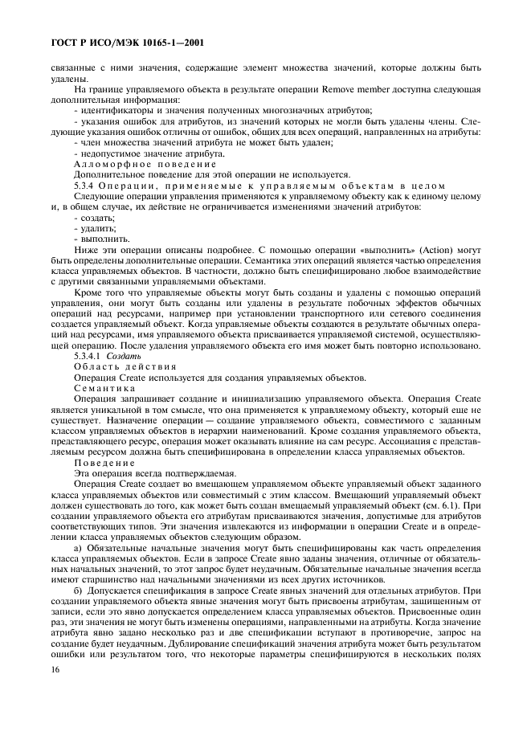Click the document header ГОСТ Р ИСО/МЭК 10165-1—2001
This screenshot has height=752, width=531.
(127, 38)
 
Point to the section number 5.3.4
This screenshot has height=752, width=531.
(85, 185)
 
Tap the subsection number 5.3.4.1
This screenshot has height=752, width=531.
(89, 356)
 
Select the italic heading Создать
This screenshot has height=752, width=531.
(125, 356)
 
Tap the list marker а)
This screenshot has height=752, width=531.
(78, 549)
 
